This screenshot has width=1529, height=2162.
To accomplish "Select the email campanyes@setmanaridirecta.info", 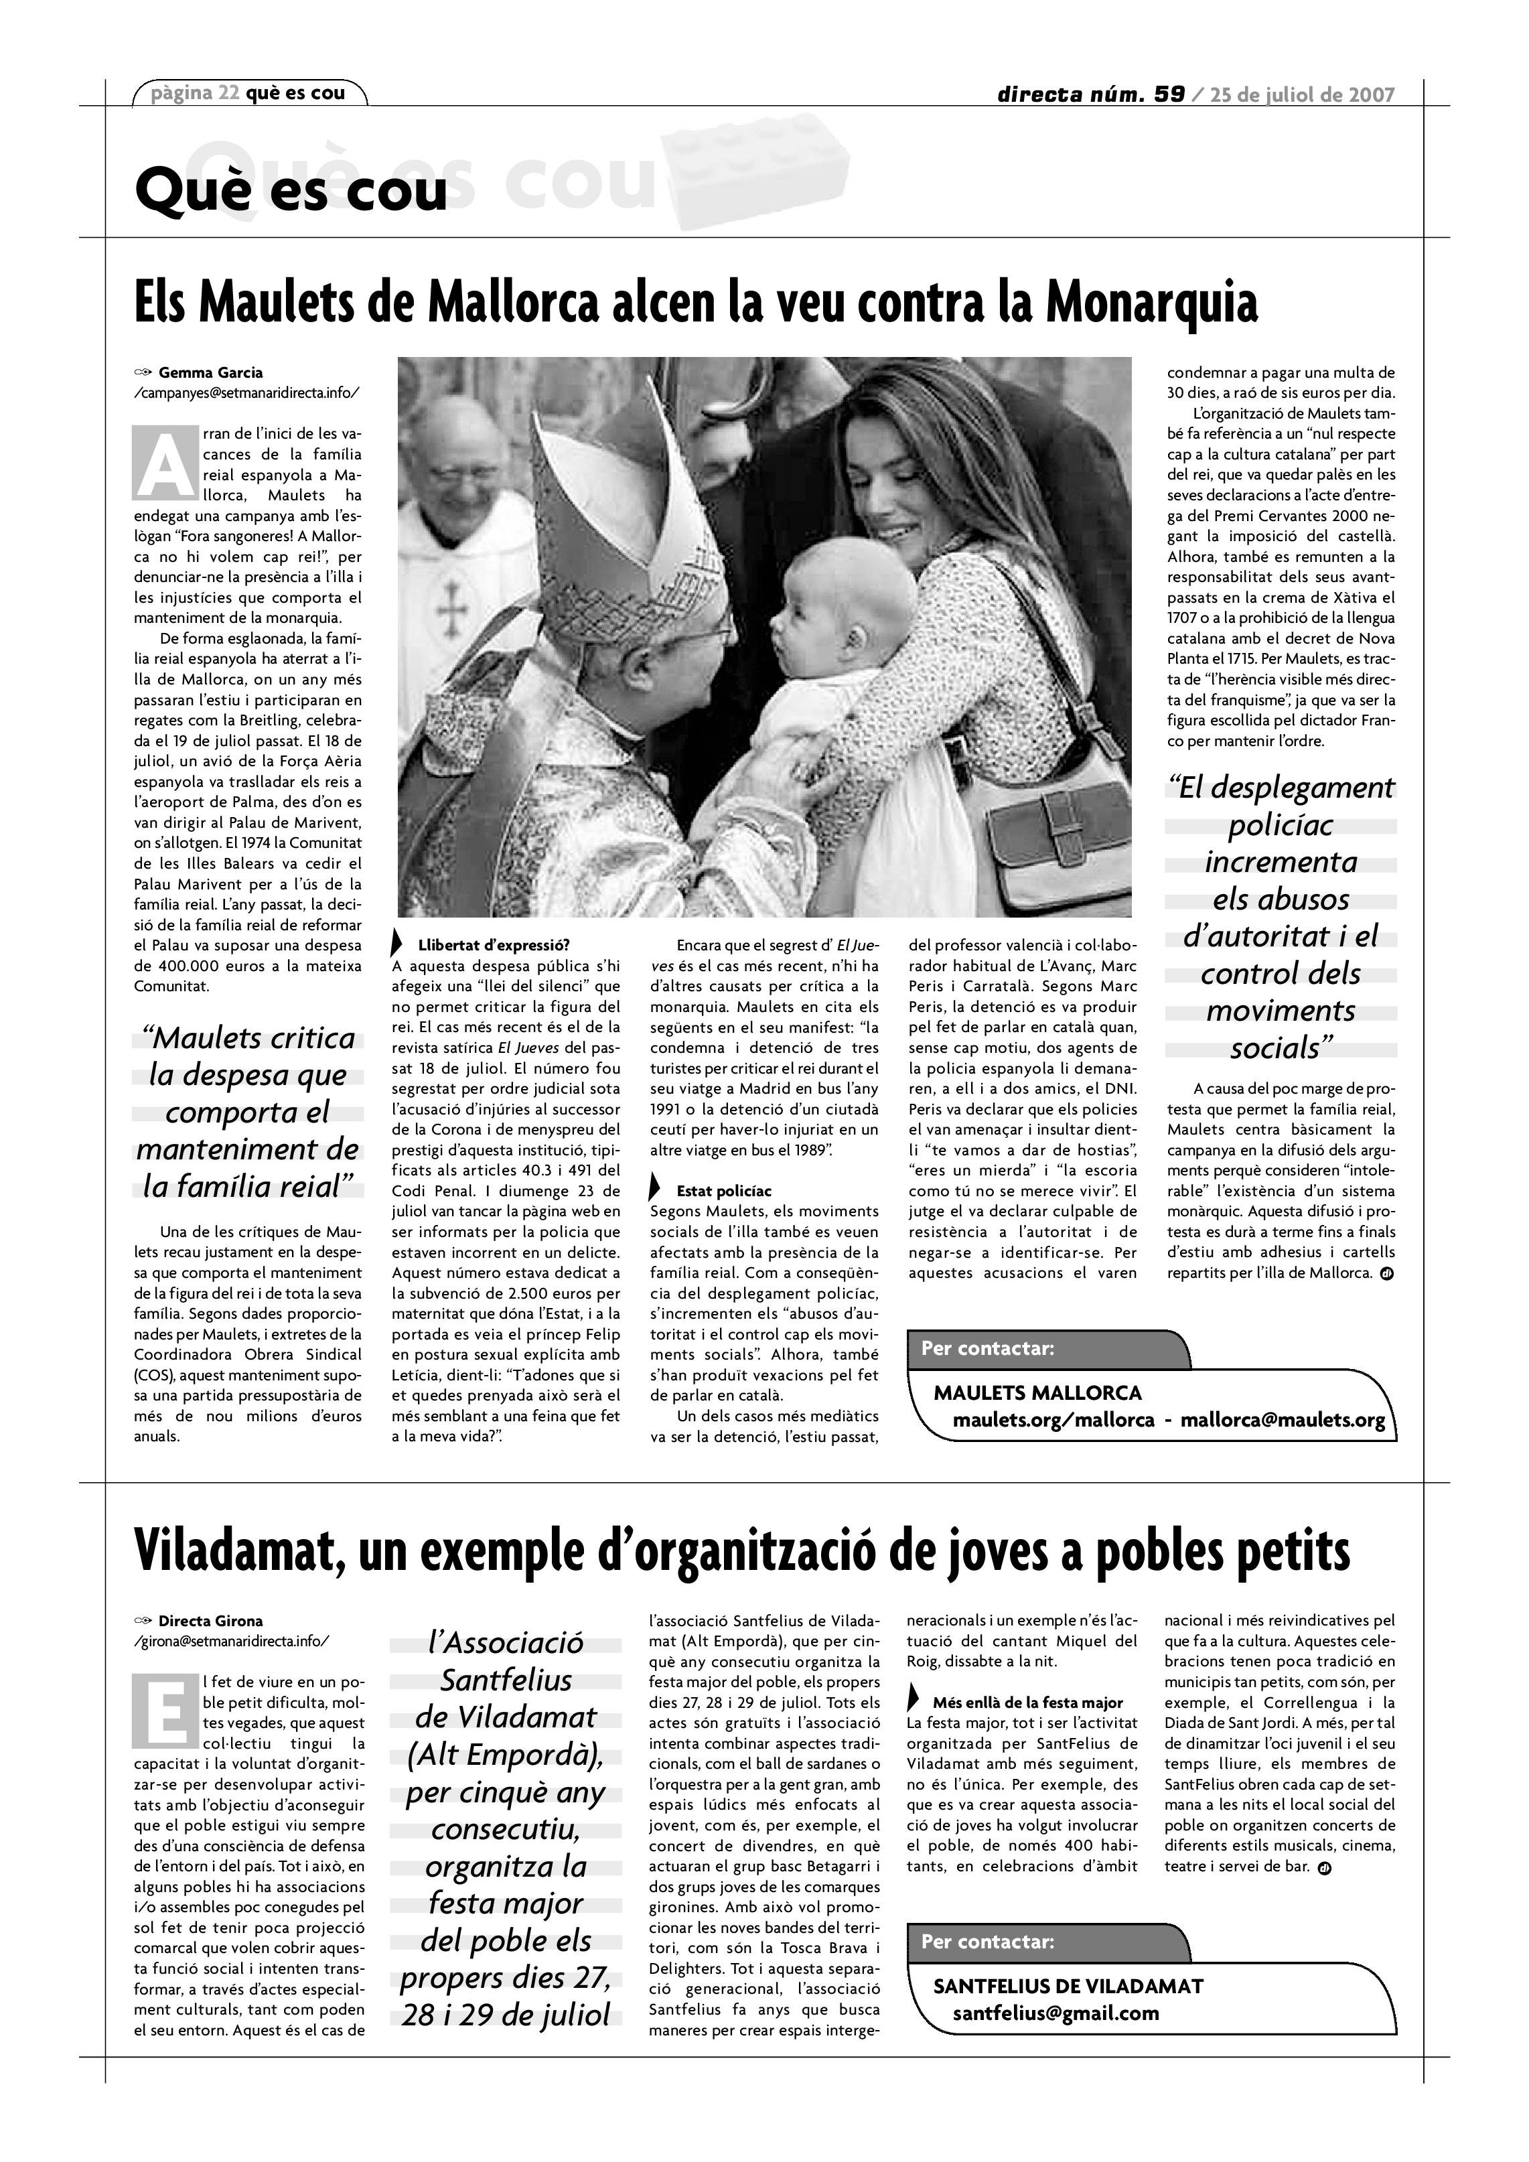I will (x=246, y=392).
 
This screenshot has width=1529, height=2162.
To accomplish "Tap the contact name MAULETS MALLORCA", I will (x=1037, y=1392).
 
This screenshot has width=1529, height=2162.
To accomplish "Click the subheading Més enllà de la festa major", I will (x=1027, y=1703).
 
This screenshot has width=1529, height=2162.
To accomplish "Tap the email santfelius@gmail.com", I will (x=1055, y=2013).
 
